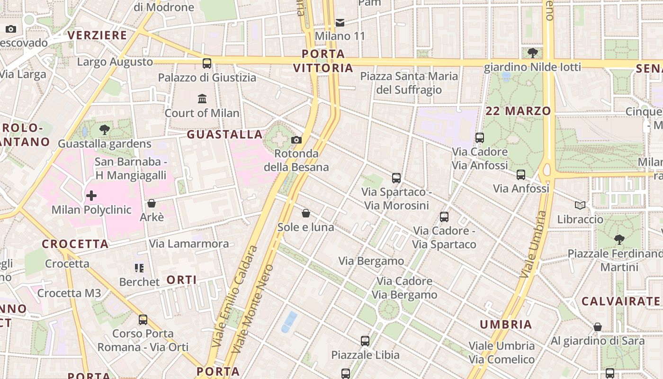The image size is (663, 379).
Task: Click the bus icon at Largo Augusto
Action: (x=207, y=63)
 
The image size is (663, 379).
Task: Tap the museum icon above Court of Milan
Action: (x=202, y=99)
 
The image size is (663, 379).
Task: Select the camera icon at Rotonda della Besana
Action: (x=296, y=140)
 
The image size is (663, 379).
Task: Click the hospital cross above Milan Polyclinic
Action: (x=91, y=195)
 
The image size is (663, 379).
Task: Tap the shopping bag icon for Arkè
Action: (x=152, y=203)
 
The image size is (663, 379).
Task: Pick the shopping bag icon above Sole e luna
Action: (x=306, y=213)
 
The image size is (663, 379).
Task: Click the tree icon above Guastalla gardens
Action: (x=105, y=129)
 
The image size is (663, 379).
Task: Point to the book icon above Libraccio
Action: (x=580, y=205)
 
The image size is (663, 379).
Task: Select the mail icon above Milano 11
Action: (x=340, y=22)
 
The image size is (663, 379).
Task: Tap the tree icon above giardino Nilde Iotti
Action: (x=532, y=53)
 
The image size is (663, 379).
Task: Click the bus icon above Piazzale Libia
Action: (x=365, y=341)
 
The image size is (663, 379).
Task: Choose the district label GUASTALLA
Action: (x=224, y=135)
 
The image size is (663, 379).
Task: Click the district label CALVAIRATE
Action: (x=620, y=301)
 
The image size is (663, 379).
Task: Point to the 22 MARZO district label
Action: (x=518, y=111)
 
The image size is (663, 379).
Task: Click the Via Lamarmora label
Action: (x=189, y=244)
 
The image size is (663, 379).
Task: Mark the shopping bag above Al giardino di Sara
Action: (x=598, y=327)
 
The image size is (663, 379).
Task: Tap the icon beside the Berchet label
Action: (x=139, y=268)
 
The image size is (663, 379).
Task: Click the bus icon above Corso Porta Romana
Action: (x=143, y=320)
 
